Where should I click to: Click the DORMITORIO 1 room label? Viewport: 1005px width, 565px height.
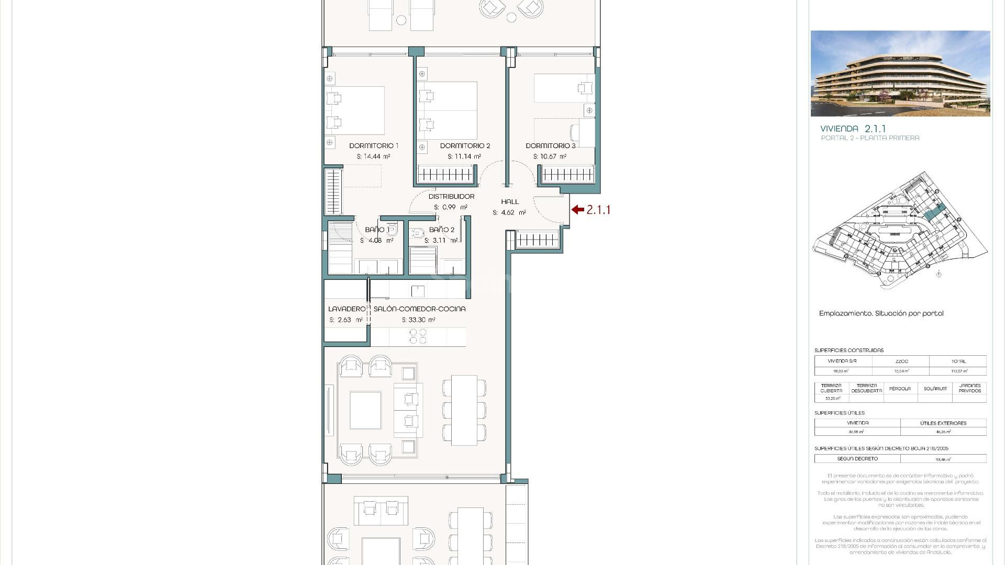click(x=374, y=146)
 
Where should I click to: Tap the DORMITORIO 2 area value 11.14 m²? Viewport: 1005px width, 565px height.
click(x=464, y=156)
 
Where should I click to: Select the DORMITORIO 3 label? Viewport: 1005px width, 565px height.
click(x=550, y=146)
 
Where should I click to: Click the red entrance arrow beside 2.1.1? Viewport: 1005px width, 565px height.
click(x=578, y=210)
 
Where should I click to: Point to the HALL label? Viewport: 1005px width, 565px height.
click(x=509, y=202)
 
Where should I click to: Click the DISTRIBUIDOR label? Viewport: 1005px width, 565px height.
click(x=451, y=197)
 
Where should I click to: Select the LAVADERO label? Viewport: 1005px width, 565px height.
click(x=346, y=309)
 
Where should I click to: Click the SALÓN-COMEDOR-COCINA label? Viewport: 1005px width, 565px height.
click(x=419, y=309)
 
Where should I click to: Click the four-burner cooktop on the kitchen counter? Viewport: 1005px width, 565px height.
click(x=418, y=336)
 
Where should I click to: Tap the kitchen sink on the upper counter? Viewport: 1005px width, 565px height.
click(x=418, y=291)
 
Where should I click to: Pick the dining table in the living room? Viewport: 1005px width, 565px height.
click(x=464, y=410)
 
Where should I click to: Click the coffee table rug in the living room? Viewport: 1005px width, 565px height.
click(x=365, y=410)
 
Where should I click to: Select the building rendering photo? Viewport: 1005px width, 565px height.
click(x=900, y=74)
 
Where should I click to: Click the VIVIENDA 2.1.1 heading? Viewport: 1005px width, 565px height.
click(x=853, y=129)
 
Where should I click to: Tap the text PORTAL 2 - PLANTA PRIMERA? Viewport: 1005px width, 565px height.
click(x=870, y=138)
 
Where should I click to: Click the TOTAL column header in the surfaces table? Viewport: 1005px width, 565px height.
click(x=958, y=361)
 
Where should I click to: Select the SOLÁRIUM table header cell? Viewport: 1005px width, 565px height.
click(x=935, y=389)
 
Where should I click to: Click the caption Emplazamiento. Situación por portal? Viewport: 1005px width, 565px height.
click(x=881, y=313)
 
